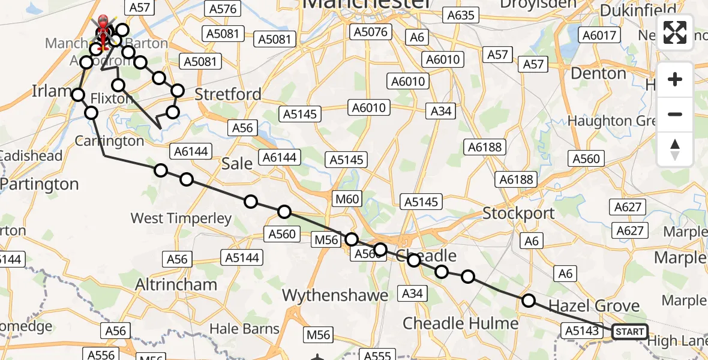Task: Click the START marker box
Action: tap(629, 332)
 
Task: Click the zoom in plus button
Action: tap(675, 80)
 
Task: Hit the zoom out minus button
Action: tap(675, 114)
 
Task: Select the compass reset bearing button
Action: tap(675, 149)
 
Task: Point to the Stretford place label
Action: tap(228, 94)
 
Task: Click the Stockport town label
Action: tap(518, 214)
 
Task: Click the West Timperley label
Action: tap(181, 218)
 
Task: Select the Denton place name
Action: tap(598, 74)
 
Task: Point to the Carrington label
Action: tap(109, 141)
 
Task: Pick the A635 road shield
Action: tap(460, 16)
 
